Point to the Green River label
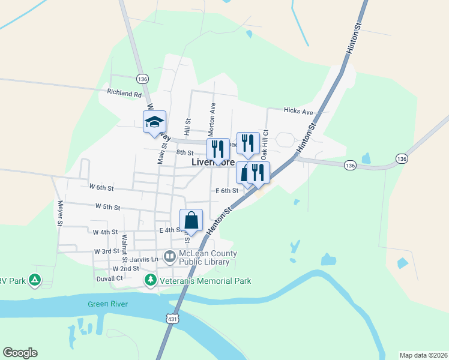coord(107,304)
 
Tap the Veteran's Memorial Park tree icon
coord(150,280)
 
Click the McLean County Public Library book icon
coord(170,257)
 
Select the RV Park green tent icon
coord(35,280)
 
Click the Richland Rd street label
coord(124,94)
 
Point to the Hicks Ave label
coord(298,112)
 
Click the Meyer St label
coord(59,213)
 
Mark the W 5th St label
coord(107,206)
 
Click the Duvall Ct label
coord(109,278)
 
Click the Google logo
coord(20,353)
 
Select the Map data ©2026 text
coord(423,355)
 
